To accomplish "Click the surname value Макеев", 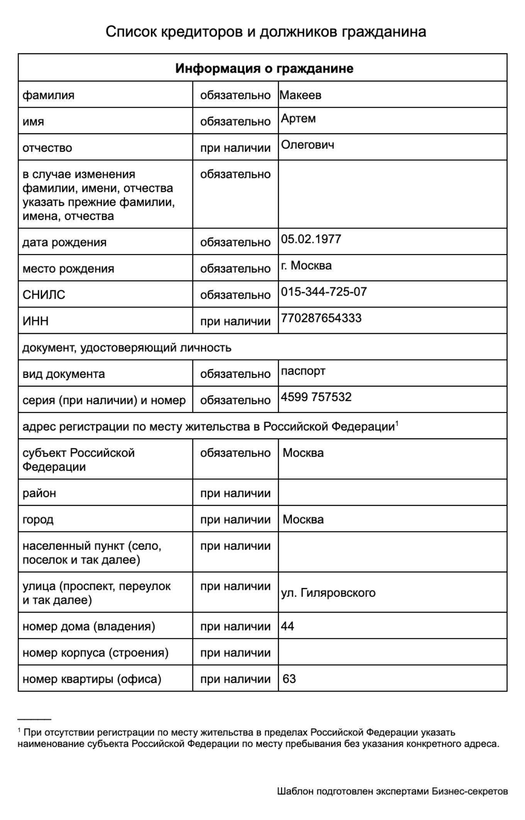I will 300,95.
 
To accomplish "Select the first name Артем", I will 298,118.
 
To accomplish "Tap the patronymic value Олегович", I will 307,145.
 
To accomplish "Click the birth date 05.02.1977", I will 311,239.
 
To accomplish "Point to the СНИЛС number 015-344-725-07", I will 323,291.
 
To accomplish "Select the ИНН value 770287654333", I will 321,318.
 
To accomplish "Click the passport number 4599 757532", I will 316,397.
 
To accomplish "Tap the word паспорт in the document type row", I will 303,371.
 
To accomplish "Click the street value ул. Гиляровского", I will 328,593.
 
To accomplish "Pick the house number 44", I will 287,626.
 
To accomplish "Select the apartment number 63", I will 289,679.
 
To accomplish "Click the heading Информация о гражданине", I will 264,68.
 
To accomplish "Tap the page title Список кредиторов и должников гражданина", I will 266,32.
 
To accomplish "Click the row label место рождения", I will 68,268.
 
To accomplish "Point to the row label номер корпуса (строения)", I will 95,652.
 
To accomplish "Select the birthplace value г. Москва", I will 306,266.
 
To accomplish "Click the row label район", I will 39,493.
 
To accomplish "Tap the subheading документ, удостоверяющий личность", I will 127,347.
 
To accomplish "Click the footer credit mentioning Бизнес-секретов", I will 392,791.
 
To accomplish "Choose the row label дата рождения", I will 64,242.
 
